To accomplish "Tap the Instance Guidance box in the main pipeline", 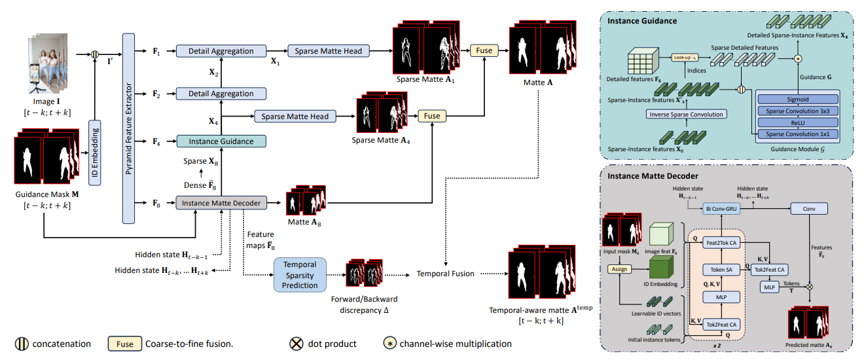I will (221, 141).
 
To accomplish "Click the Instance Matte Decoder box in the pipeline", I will (221, 203).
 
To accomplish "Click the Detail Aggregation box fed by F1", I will (221, 50).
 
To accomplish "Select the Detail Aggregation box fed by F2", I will (221, 94).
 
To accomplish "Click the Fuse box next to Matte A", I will (484, 50).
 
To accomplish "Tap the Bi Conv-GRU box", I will (722, 209).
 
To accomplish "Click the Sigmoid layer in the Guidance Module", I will (797, 99).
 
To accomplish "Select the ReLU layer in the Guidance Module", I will (797, 122).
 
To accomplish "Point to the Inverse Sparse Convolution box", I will (686, 115).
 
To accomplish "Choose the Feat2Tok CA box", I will (721, 243).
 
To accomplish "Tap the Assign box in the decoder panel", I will (618, 268).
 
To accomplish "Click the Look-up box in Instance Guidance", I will (683, 58).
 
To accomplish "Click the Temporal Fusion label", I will (446, 274).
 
